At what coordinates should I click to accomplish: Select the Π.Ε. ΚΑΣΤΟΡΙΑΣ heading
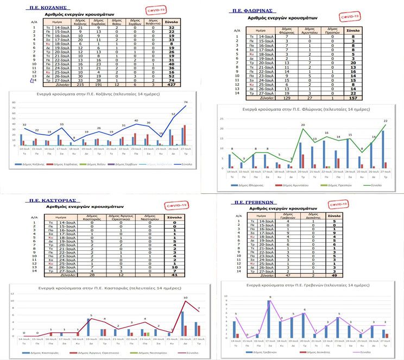point(50,200)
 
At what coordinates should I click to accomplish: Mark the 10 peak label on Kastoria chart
point(186,298)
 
